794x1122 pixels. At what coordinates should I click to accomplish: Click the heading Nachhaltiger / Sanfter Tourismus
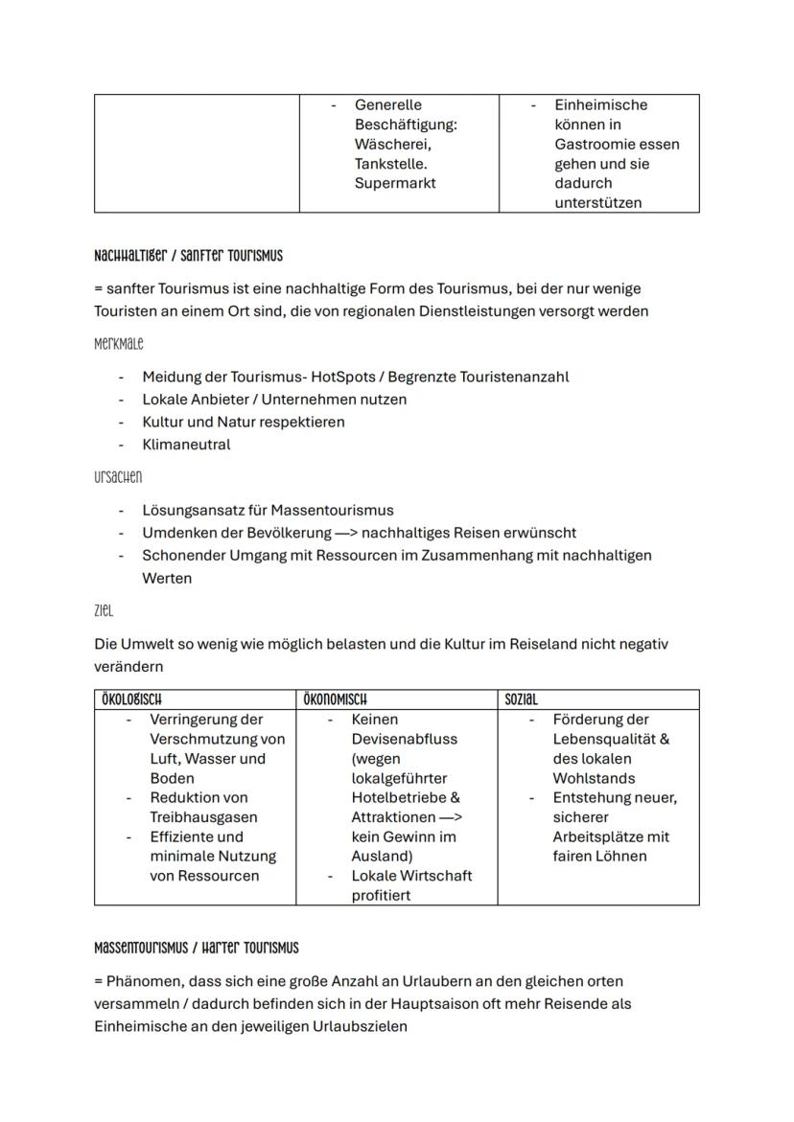188,257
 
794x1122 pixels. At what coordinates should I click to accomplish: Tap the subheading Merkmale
119,343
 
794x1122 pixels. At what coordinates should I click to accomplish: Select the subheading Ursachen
118,477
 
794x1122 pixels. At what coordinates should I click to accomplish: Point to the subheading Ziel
104,610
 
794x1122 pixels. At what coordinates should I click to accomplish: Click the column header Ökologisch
131,700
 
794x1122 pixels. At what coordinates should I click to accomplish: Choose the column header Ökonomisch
335,700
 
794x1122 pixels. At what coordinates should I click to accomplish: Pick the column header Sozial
522,700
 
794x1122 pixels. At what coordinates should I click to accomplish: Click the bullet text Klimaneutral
186,445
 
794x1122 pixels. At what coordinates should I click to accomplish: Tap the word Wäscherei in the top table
391,144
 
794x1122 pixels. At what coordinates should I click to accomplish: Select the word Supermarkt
395,183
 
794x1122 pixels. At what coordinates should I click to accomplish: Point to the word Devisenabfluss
404,739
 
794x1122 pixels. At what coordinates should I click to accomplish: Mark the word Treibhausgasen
203,817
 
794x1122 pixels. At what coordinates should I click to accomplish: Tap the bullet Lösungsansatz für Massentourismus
268,511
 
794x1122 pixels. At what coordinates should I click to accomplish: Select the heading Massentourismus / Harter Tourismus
197,948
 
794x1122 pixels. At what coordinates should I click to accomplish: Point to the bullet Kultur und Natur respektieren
244,422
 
